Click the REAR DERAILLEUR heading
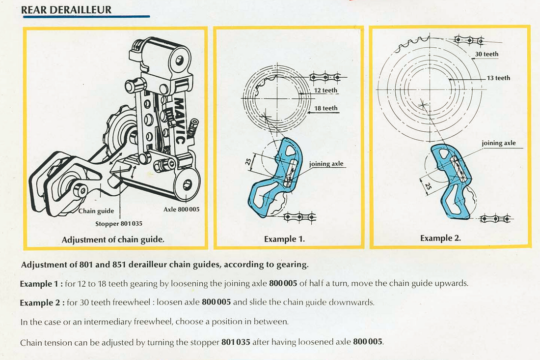(x=66, y=9)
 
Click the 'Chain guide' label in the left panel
(x=96, y=211)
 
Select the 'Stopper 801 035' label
(x=118, y=224)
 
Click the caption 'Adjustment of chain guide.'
(x=113, y=240)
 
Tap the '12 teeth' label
(x=326, y=90)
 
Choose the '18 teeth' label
(x=326, y=108)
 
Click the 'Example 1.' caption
(x=284, y=240)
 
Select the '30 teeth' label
(x=486, y=54)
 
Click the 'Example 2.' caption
(x=440, y=238)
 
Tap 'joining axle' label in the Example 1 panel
(x=326, y=163)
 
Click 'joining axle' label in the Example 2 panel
(x=498, y=143)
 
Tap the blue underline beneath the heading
(x=86, y=17)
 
